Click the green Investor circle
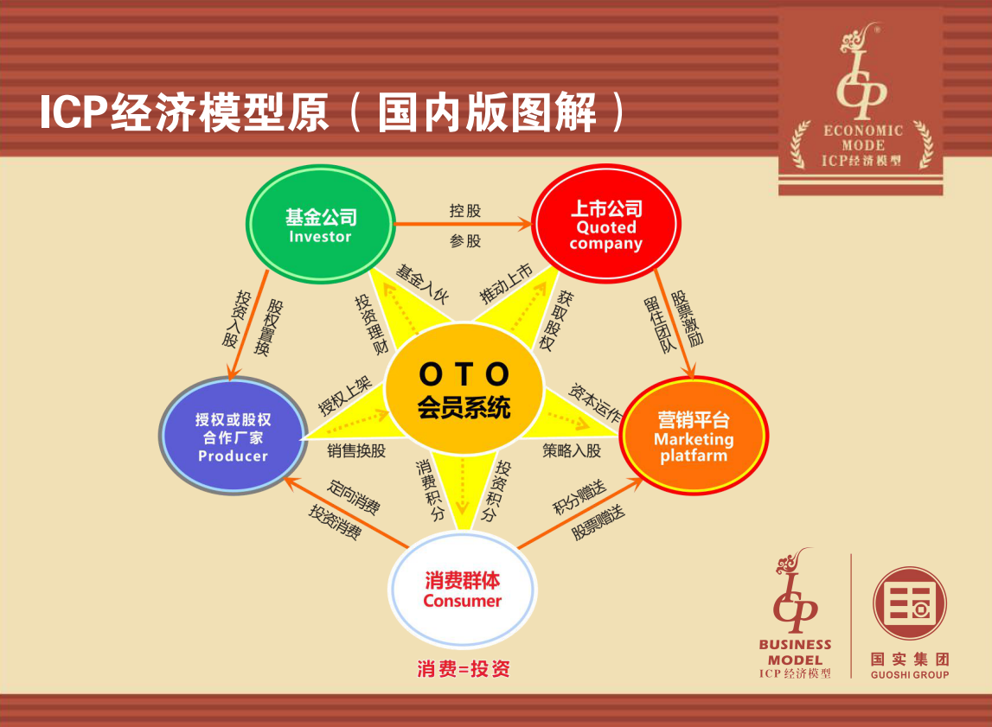(320, 224)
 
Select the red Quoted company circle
(606, 223)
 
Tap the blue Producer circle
(233, 436)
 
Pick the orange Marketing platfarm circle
(694, 436)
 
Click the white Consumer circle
(463, 590)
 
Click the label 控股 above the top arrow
(465, 211)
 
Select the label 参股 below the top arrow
(465, 241)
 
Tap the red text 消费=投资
(463, 669)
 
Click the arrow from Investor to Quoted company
(463, 224)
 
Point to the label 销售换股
(356, 450)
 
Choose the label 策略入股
(572, 450)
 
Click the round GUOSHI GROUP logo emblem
(910, 603)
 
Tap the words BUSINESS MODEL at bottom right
(796, 652)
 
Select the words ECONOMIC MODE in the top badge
(863, 137)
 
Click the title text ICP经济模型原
(184, 112)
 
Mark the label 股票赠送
(598, 522)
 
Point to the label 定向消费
(354, 497)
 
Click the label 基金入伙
(422, 284)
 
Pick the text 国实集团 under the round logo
(910, 660)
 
